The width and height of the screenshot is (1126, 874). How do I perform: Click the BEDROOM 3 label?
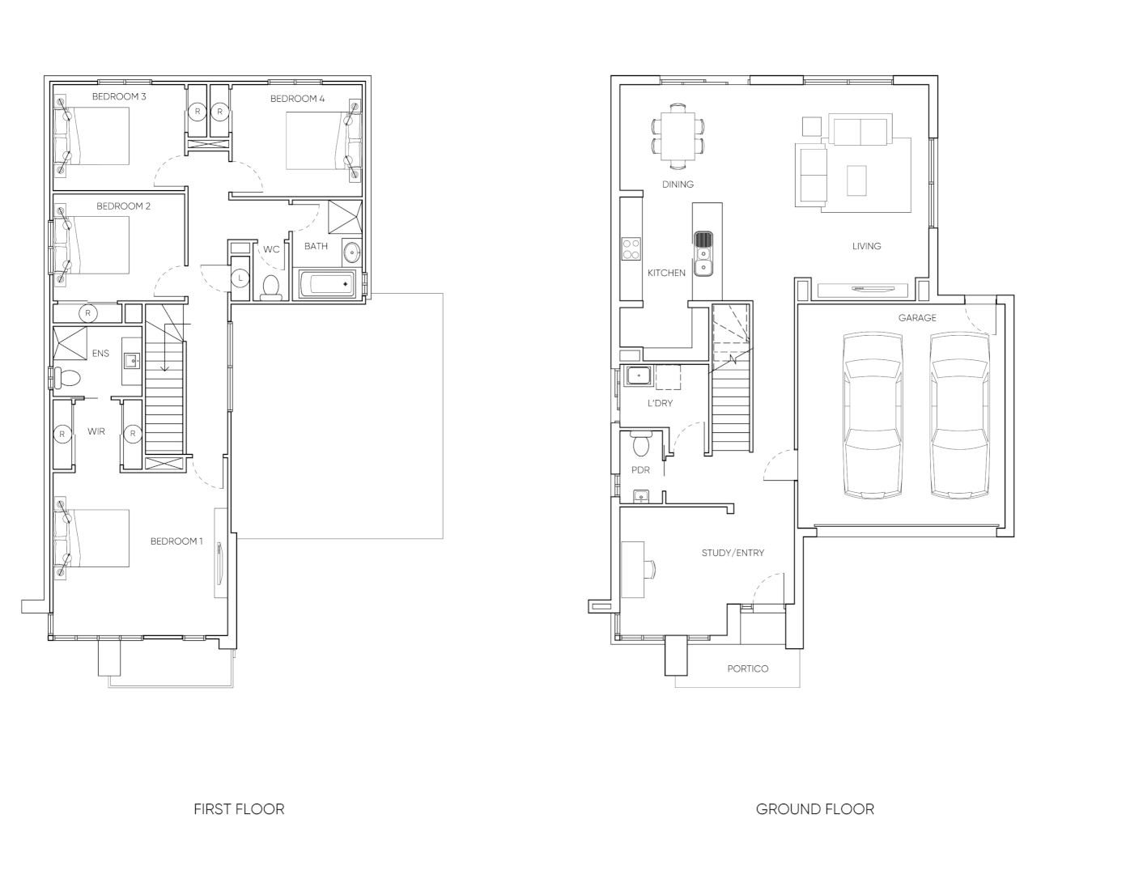[x=118, y=97]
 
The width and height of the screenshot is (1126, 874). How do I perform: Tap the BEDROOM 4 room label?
[x=297, y=99]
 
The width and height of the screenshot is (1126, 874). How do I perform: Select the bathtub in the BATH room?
[x=327, y=285]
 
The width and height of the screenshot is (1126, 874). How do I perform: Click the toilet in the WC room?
[x=271, y=286]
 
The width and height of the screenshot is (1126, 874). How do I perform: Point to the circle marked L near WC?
[x=240, y=278]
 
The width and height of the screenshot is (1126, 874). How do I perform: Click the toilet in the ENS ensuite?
[x=67, y=378]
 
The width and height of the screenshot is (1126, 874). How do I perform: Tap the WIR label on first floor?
[x=96, y=432]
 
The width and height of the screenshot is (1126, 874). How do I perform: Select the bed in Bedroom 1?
[x=92, y=538]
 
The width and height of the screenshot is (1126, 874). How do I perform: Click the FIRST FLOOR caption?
[x=239, y=808]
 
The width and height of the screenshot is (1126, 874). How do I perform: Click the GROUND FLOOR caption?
[x=814, y=808]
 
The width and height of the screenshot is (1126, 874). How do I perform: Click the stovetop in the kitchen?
[x=631, y=248]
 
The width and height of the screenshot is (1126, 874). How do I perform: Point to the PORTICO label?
[x=747, y=668]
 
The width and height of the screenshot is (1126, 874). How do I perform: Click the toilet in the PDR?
[x=641, y=444]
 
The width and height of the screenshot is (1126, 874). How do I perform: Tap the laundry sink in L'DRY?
[x=639, y=377]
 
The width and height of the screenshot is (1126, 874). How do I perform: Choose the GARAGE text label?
[x=916, y=318]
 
